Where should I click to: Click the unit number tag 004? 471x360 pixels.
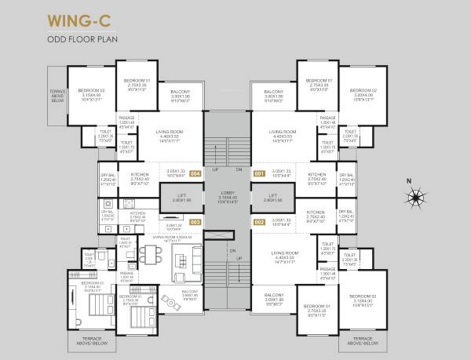tap(195, 173)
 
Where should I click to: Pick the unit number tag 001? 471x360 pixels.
tap(259, 173)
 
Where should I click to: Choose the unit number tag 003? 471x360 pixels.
tap(195, 221)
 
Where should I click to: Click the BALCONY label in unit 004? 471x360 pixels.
tap(181, 92)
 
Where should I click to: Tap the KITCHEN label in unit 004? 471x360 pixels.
tap(139, 174)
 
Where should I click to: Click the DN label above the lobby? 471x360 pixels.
tap(238, 169)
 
